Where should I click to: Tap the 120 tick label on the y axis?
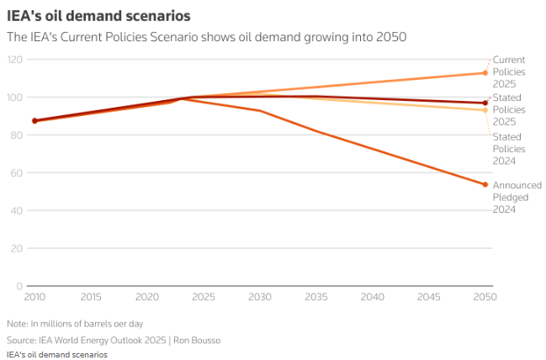[x=14, y=60]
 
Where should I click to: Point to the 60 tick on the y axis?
[x=17, y=173]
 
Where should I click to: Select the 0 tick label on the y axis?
[x=19, y=287]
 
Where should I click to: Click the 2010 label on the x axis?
[x=34, y=297]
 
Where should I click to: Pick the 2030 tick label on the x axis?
[x=260, y=297]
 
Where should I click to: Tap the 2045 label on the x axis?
[x=429, y=297]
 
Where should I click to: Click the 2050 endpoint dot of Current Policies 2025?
[x=485, y=73]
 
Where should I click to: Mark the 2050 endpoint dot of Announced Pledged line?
[x=485, y=185]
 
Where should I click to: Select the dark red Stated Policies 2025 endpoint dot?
[x=485, y=103]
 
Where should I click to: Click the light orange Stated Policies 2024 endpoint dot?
[x=485, y=110]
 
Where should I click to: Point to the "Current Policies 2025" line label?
[x=508, y=71]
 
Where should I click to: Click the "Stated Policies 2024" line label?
[x=507, y=148]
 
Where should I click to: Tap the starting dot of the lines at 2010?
[x=34, y=120]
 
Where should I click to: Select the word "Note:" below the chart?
[x=17, y=324]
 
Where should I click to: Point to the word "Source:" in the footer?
[x=21, y=340]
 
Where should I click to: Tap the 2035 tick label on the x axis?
[x=316, y=297]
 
